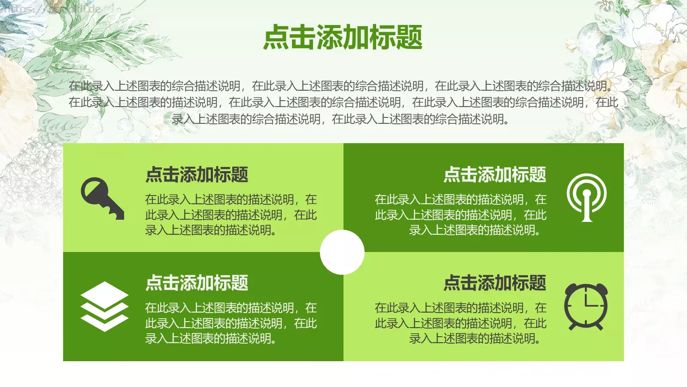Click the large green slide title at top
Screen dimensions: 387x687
[x=343, y=37]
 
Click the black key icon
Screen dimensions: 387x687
[x=102, y=198]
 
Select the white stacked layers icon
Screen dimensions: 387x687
[x=104, y=306]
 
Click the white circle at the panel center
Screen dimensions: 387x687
[x=342, y=252]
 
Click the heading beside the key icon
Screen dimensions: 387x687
[x=197, y=175]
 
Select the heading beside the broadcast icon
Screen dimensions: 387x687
[x=495, y=175]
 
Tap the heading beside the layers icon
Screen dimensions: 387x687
[x=197, y=283]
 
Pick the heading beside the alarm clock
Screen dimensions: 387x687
[x=495, y=283]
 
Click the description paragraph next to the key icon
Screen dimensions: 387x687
[x=231, y=215]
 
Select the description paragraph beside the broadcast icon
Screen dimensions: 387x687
[x=460, y=215]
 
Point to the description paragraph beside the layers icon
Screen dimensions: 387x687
[x=231, y=323]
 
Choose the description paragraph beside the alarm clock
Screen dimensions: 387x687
[x=460, y=323]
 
